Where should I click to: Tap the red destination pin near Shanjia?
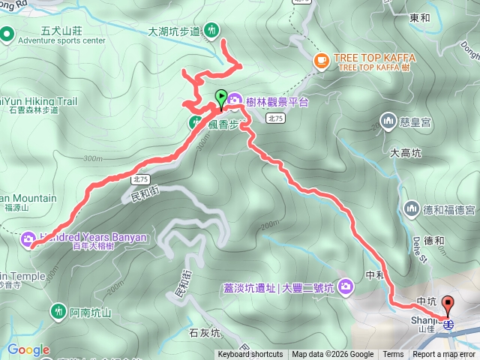click(449, 305)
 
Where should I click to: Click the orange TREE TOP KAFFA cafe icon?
click(321, 59)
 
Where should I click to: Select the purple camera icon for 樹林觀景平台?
click(235, 100)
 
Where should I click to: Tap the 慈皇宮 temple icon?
click(388, 119)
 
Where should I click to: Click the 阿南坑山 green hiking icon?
click(59, 310)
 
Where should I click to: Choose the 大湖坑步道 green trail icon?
click(213, 31)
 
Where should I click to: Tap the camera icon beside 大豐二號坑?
click(346, 286)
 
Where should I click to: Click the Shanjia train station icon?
click(448, 323)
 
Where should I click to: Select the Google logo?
click(28, 349)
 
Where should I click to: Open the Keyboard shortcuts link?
click(250, 355)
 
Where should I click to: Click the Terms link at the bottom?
click(393, 355)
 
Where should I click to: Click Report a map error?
click(445, 355)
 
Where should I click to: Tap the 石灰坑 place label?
click(204, 332)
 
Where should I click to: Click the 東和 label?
click(421, 16)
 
